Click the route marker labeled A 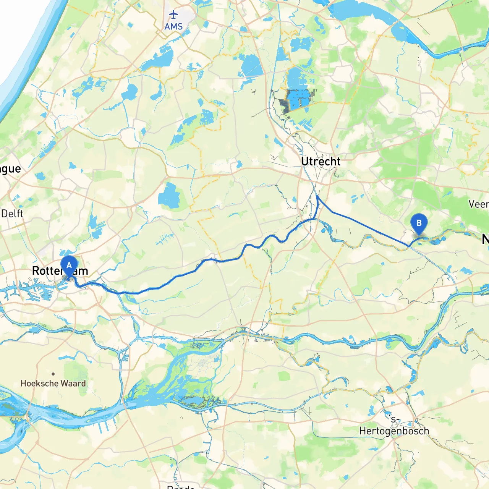point(69,266)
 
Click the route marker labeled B point(419,223)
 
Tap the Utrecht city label point(321,162)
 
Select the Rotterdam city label point(60,271)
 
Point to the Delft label point(12,214)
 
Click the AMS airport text point(173,27)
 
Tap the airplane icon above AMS point(173,15)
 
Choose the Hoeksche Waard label point(53,384)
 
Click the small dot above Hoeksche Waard point(53,374)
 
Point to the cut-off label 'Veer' point(478,204)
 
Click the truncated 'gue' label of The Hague point(10,169)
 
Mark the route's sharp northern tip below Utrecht point(317,196)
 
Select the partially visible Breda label point(181,487)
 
